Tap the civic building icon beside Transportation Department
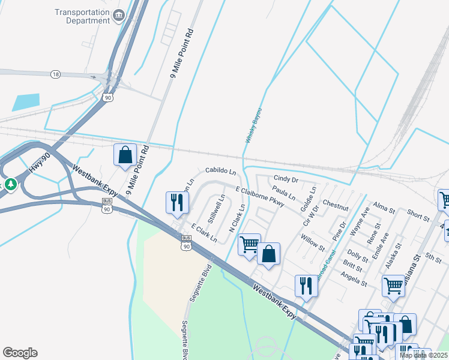[119, 14]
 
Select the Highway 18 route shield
[56, 74]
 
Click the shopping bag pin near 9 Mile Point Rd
[125, 155]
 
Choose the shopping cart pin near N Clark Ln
[249, 244]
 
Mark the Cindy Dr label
[286, 179]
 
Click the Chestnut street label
[336, 205]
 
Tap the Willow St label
[313, 244]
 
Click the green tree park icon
[10, 184]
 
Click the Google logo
[20, 353]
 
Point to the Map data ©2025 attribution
[423, 355]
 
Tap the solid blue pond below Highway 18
[25, 102]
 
